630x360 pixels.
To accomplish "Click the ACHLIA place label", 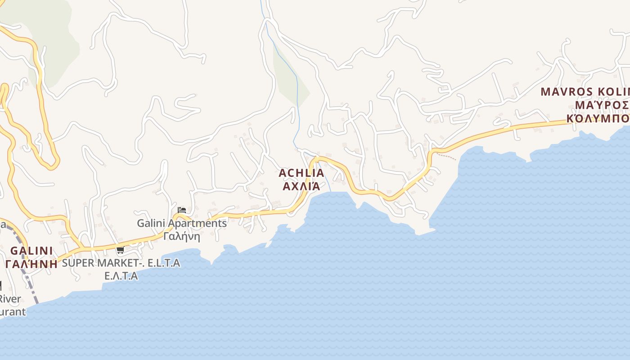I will pyautogui.click(x=301, y=173).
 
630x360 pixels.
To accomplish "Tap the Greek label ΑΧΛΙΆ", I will pyautogui.click(x=301, y=186).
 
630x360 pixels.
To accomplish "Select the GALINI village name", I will pyautogui.click(x=31, y=251).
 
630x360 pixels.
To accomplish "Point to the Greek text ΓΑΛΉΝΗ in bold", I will pyautogui.click(x=31, y=264).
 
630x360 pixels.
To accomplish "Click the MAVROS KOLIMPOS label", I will pyautogui.click(x=585, y=92).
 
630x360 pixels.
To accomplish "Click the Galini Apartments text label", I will pyautogui.click(x=182, y=223).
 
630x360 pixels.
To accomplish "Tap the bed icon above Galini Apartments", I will pyautogui.click(x=182, y=210).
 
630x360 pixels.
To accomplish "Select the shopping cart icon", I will pyautogui.click(x=120, y=251).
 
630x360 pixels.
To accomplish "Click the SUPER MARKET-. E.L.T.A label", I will pyautogui.click(x=121, y=263).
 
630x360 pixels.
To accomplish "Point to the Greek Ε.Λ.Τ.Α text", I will pyautogui.click(x=121, y=276).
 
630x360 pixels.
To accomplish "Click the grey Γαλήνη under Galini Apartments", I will pyautogui.click(x=182, y=236).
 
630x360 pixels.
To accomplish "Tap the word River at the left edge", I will pyautogui.click(x=10, y=299).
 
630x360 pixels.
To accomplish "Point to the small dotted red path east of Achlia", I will pyautogui.click(x=446, y=156).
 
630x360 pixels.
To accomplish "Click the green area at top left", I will pyautogui.click(x=54, y=36).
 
